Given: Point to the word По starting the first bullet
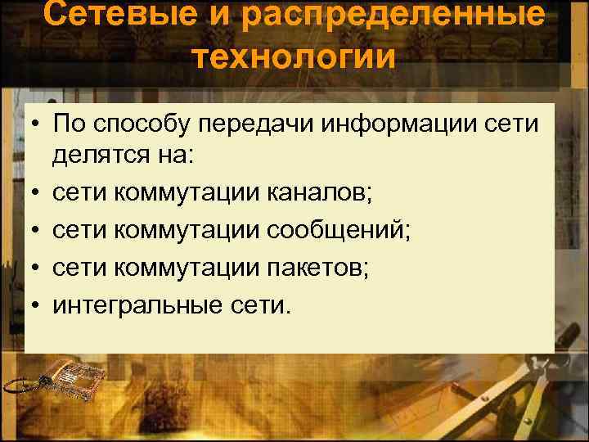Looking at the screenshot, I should point(66,124).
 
